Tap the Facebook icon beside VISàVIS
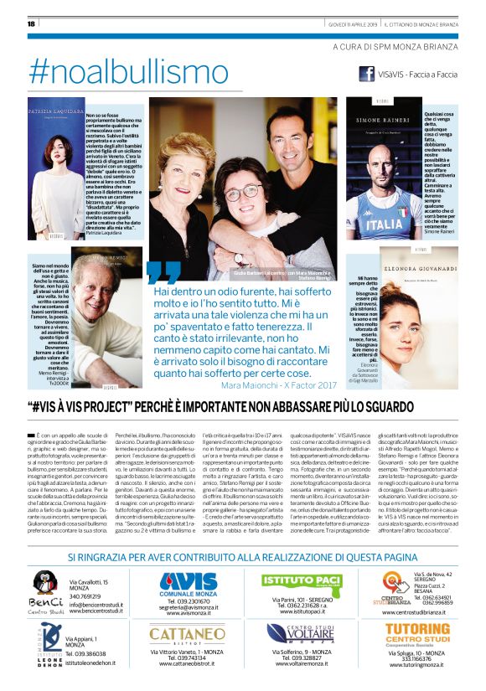coord(366,74)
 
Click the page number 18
coord(32,23)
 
